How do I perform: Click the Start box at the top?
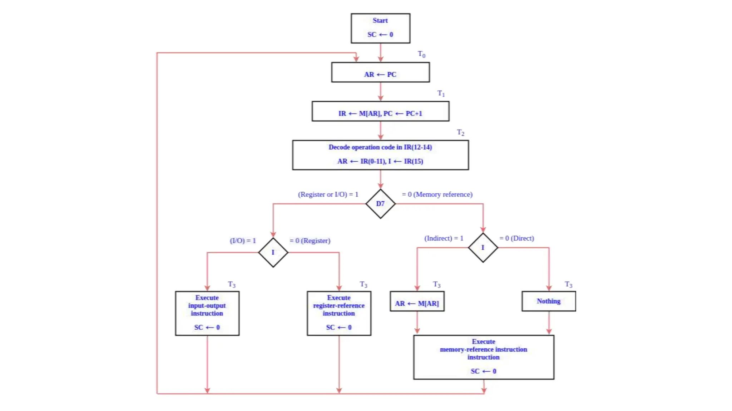380,28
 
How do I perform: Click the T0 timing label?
421,54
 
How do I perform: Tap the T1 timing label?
441,93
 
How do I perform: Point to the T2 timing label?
460,132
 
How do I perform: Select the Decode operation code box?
380,155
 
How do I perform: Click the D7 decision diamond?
380,204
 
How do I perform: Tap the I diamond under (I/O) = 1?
273,252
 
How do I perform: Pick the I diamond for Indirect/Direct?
483,248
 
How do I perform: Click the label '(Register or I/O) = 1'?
328,194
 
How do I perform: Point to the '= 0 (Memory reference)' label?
437,194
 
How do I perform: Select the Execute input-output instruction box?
207,313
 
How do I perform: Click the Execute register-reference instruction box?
339,313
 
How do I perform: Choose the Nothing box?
549,301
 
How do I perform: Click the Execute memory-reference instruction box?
484,357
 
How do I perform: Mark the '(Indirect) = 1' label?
444,238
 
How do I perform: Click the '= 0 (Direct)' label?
516,238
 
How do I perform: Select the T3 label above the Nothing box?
568,284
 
